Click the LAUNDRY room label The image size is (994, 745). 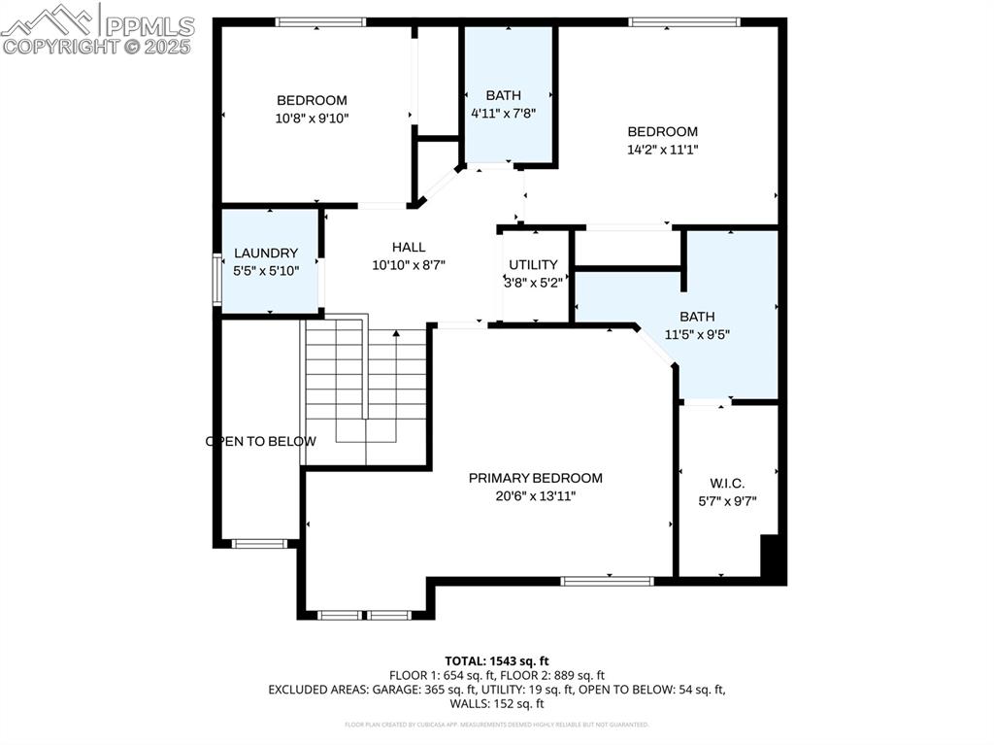coord(266,254)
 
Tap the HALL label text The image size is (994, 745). coord(409,248)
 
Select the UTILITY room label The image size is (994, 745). coord(534,265)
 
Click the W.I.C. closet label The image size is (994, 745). coord(728,483)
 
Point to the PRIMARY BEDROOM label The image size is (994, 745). coord(535,478)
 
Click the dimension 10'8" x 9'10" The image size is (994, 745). coord(312,119)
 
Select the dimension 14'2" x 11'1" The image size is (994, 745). coord(662,150)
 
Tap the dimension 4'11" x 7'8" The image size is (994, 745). coord(504,113)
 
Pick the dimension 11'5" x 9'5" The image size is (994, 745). coord(697,334)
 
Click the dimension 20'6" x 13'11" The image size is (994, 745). coord(535,496)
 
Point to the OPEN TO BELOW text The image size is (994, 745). coord(260,441)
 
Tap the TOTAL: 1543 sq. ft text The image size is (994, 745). coord(496,660)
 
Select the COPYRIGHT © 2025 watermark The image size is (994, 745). coord(97,46)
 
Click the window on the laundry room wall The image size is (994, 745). coord(217,280)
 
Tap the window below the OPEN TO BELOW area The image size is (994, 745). coord(259,544)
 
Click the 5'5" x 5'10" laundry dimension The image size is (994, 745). coord(266,271)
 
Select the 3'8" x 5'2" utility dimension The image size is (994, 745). coord(534,283)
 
